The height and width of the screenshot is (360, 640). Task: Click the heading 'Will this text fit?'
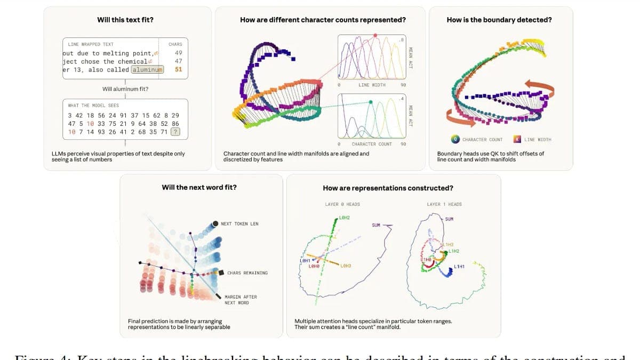coord(125,20)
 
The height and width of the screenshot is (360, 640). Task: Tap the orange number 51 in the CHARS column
coord(178,69)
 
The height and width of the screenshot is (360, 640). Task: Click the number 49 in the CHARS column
coord(178,53)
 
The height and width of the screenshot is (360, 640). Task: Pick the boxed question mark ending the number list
coord(176,132)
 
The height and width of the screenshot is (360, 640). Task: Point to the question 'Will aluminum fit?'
coord(125,89)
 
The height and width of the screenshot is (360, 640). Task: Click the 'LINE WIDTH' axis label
coord(372,85)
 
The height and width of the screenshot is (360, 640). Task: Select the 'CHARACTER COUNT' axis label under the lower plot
coord(372,144)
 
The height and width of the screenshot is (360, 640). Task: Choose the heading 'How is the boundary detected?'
coord(499,20)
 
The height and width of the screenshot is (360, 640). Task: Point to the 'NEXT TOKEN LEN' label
coord(239,223)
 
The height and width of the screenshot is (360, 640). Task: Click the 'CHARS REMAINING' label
coord(247,273)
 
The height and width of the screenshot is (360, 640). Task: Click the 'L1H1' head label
coord(459,266)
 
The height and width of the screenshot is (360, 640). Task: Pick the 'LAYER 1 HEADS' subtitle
coord(444,204)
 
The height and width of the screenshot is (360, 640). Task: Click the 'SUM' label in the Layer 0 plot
coord(376,225)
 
